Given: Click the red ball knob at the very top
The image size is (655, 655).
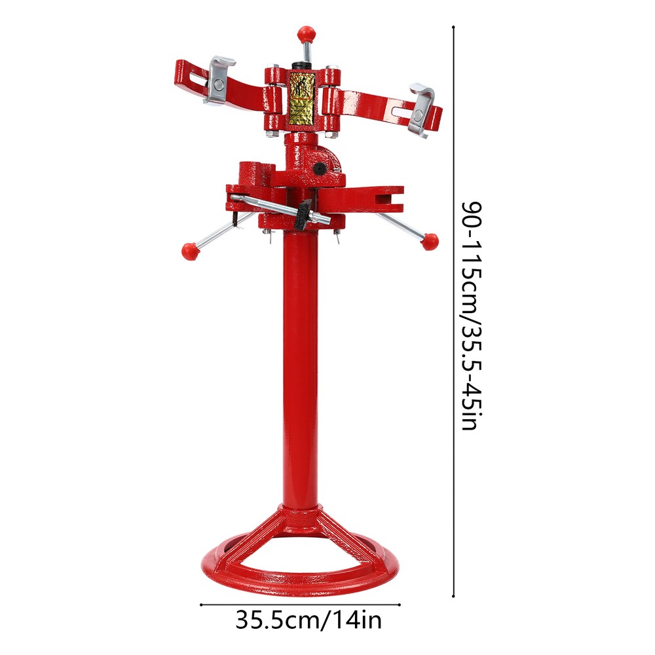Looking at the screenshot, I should pyautogui.click(x=305, y=33).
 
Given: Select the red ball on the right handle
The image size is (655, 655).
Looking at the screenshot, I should pyautogui.click(x=430, y=241).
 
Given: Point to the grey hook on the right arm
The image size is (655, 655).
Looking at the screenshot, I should pyautogui.click(x=421, y=108).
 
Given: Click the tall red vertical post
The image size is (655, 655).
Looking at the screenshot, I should pyautogui.click(x=301, y=367).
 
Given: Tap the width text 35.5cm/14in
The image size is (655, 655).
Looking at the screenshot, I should pyautogui.click(x=309, y=619).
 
